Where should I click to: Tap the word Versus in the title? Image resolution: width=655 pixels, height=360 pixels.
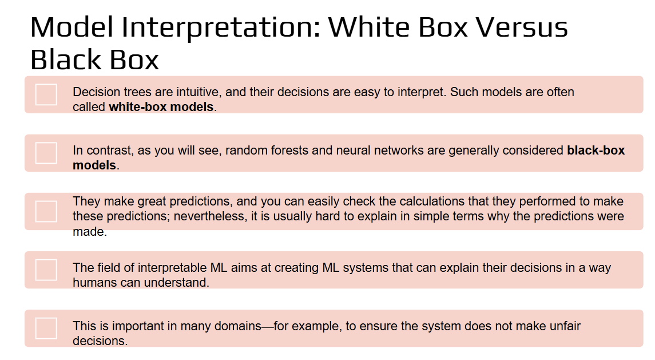tap(522, 27)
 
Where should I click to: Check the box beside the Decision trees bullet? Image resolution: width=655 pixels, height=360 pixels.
tap(46, 94)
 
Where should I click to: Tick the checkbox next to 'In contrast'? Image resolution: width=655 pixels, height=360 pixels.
tap(46, 153)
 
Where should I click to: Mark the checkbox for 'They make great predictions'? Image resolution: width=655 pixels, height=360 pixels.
tap(46, 212)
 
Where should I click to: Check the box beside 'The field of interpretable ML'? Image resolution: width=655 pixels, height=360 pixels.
tap(46, 270)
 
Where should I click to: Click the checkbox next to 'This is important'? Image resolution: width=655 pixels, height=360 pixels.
tap(46, 328)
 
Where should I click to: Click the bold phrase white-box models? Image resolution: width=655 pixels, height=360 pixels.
tap(161, 107)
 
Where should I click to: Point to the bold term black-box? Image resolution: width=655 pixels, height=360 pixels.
tap(596, 151)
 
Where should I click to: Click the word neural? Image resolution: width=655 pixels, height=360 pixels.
tap(353, 151)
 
